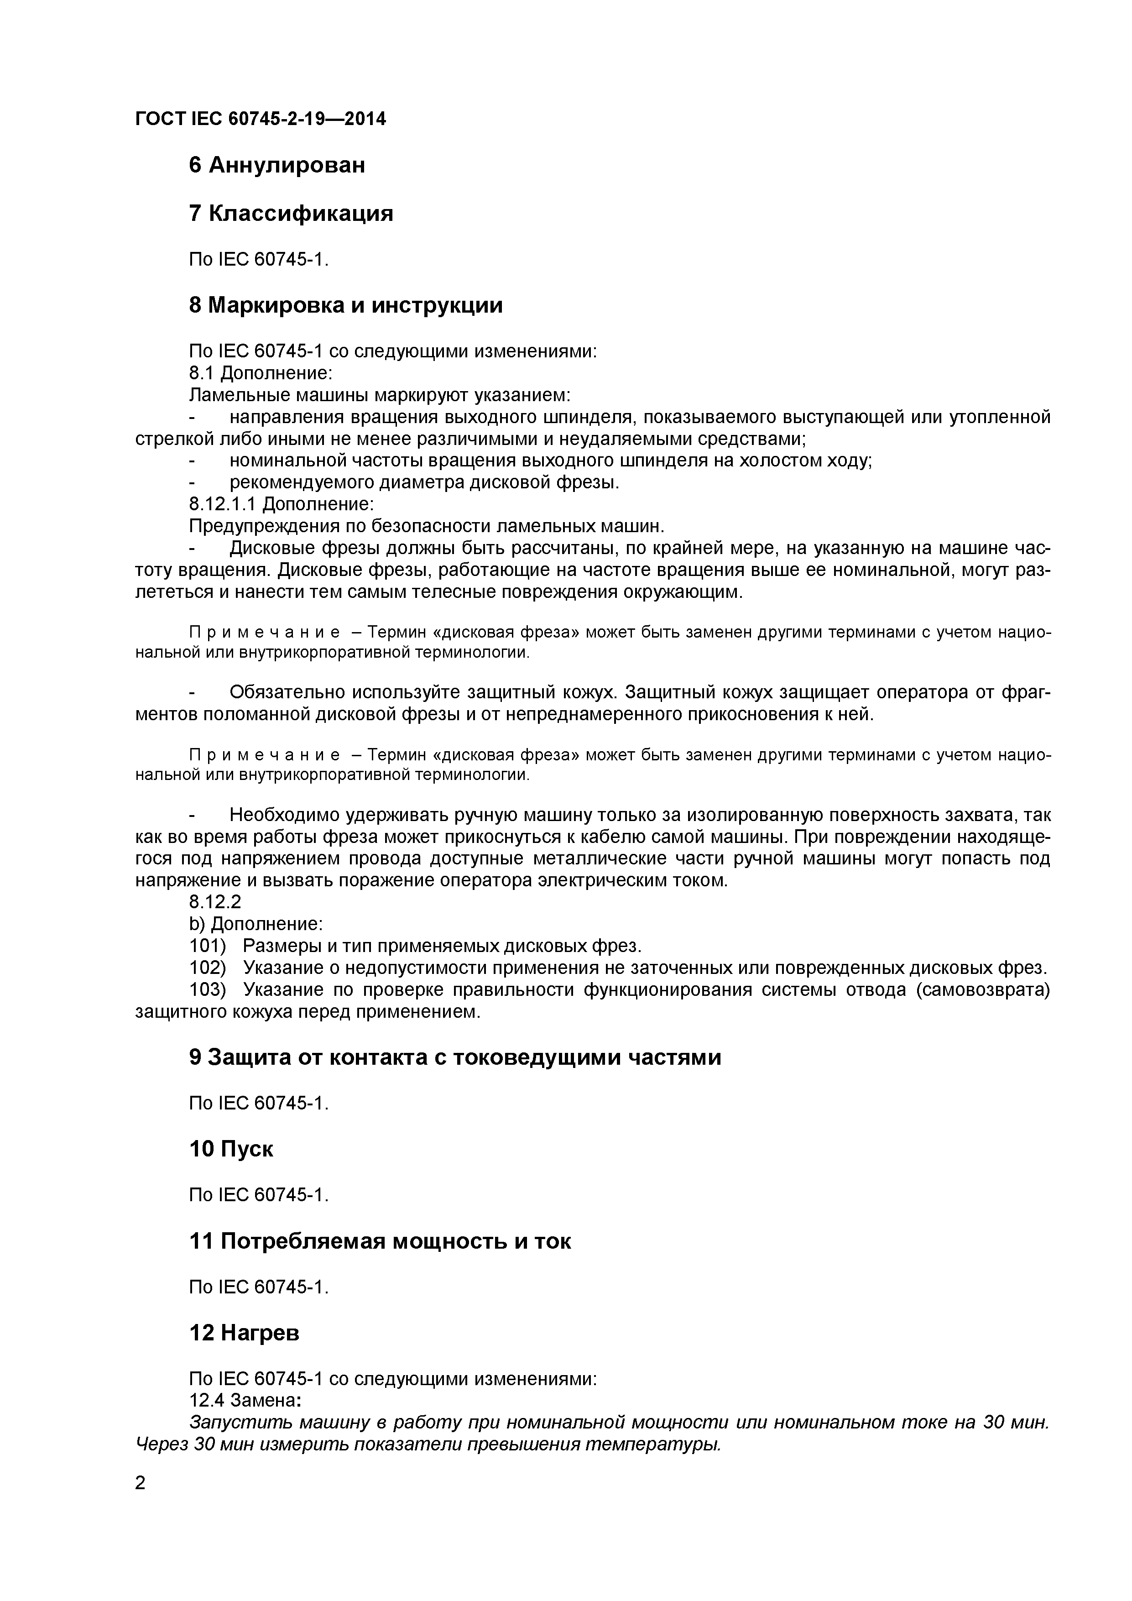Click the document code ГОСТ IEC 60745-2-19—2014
pyautogui.click(x=260, y=119)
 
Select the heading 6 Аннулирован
pyautogui.click(x=277, y=165)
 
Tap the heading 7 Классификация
pyautogui.click(x=291, y=214)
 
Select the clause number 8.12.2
pyautogui.click(x=215, y=902)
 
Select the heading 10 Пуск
pyautogui.click(x=231, y=1149)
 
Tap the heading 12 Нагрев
pyautogui.click(x=244, y=1333)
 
